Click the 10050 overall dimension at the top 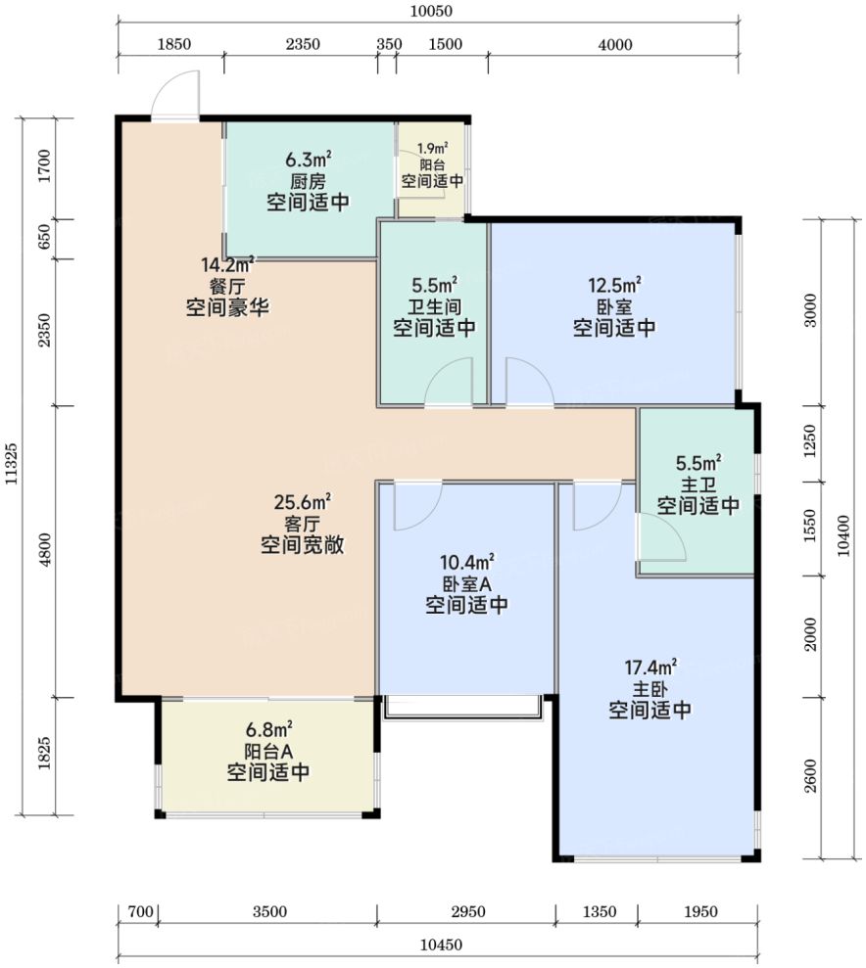(431, 11)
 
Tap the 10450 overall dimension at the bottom (441, 945)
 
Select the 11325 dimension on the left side (12, 463)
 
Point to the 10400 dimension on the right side (843, 535)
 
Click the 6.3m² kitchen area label (309, 160)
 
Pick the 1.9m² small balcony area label (432, 149)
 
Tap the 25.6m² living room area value (302, 502)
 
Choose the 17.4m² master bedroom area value (650, 668)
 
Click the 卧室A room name (467, 583)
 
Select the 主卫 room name (698, 484)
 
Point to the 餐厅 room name (228, 287)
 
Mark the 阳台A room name (268, 752)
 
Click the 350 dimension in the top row (389, 44)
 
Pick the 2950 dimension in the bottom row (467, 912)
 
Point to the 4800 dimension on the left (44, 552)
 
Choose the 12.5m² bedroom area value (614, 285)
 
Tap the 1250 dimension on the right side (810, 440)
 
